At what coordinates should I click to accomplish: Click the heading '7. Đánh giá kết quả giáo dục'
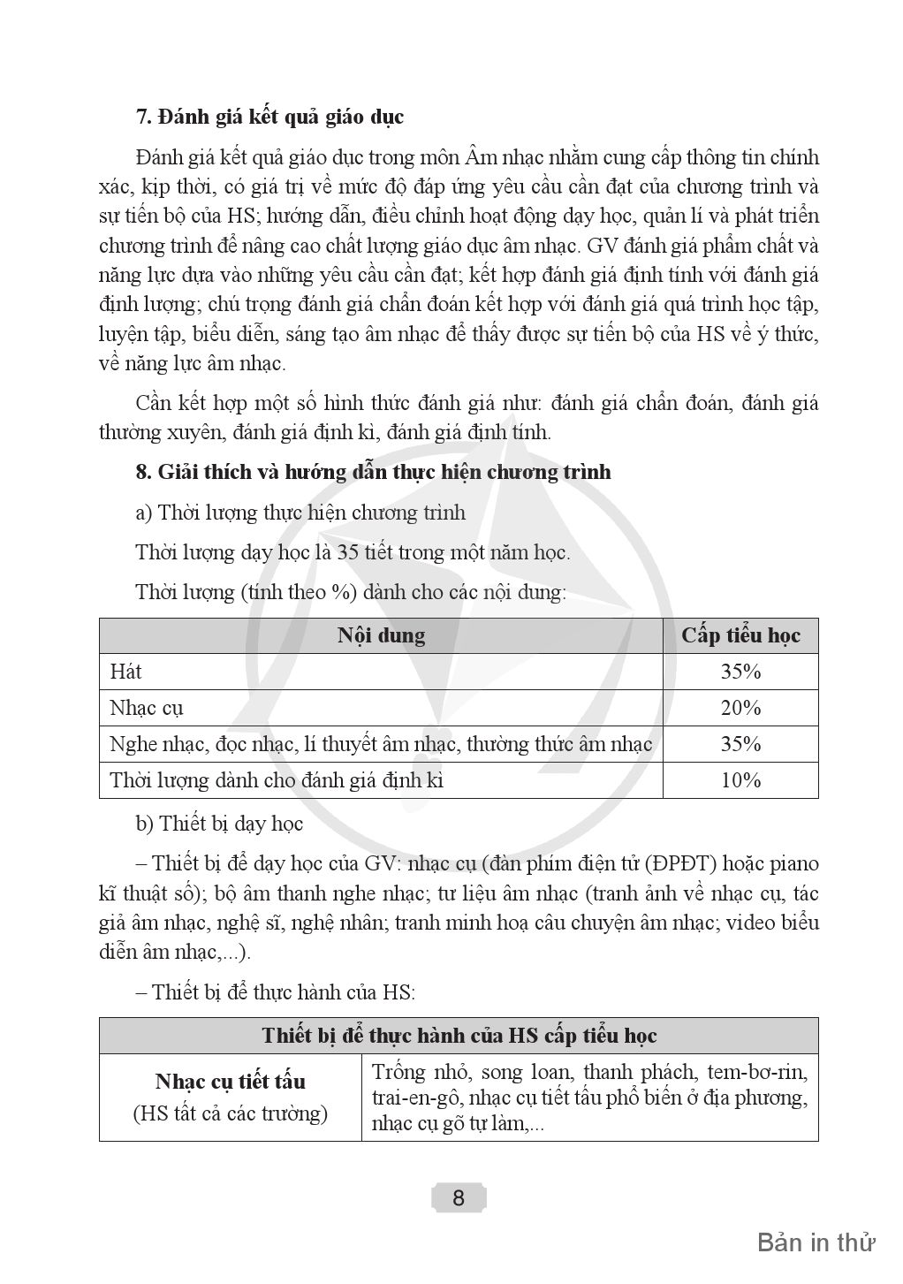coord(269,117)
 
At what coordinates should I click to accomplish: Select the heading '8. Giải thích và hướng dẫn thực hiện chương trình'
coord(373,472)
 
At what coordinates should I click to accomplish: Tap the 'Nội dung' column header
coord(381,635)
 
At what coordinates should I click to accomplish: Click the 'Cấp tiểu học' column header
coord(740,635)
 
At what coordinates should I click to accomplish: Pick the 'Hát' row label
coord(125,672)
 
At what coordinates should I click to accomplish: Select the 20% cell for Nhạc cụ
coord(740,708)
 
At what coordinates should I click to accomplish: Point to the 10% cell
coord(740,780)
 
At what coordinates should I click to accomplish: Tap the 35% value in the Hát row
coord(740,672)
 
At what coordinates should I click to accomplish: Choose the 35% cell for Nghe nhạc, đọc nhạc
coord(740,744)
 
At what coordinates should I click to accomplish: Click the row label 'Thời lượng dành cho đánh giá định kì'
coord(277,780)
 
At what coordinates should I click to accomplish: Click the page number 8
coord(458,1198)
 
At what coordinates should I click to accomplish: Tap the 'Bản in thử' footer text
coord(816,1242)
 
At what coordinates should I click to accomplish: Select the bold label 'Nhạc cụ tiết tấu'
coord(230,1082)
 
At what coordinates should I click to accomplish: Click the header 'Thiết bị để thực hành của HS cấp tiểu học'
coord(459,1036)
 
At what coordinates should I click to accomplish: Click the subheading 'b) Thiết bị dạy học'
coord(219,824)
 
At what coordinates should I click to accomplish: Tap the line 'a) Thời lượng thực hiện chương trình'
coord(300,513)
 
